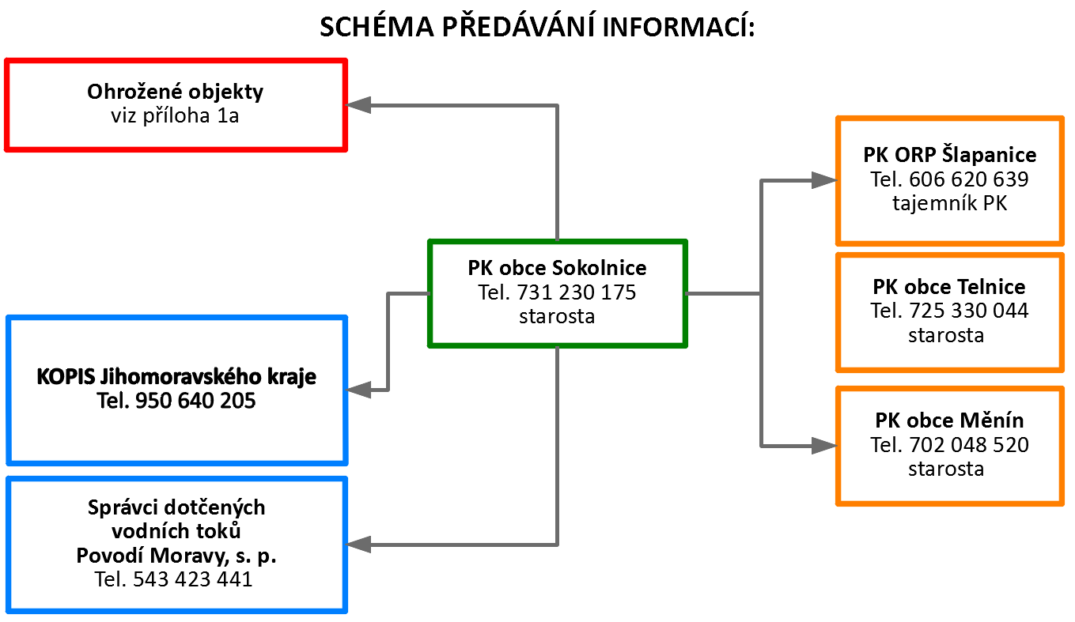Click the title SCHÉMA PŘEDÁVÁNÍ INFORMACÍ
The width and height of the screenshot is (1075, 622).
point(537,28)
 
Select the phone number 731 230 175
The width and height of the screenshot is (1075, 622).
point(577,292)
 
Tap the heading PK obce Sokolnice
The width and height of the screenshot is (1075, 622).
point(557,267)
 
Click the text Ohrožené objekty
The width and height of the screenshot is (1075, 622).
point(175,92)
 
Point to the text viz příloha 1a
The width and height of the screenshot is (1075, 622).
point(175,116)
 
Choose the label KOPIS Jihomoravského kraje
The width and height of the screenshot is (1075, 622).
point(176,377)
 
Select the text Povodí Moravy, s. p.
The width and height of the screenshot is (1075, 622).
point(176,556)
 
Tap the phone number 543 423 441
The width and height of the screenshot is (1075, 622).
point(193,579)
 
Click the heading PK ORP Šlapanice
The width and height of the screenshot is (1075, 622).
point(949,154)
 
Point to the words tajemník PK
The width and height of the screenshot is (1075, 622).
point(949,203)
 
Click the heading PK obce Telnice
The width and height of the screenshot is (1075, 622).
point(949,286)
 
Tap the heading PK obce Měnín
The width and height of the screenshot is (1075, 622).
point(949,420)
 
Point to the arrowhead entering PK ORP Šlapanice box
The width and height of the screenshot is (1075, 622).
point(824,181)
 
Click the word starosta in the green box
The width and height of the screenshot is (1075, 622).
point(557,317)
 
